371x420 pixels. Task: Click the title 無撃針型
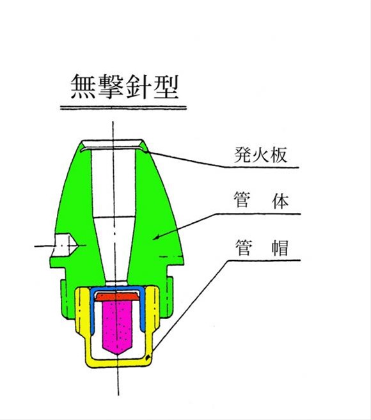click(125, 86)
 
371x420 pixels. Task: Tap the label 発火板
click(261, 155)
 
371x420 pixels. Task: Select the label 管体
click(262, 200)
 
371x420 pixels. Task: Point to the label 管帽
click(262, 247)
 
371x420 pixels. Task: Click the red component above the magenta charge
click(118, 297)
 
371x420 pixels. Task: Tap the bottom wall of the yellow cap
click(118, 362)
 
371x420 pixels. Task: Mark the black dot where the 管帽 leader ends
click(147, 358)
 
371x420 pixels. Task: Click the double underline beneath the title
click(123, 107)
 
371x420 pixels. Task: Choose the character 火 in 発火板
click(260, 155)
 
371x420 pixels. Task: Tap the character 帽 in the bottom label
click(280, 247)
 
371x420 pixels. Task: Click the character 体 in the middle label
click(280, 200)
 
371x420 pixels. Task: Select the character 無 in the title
click(83, 86)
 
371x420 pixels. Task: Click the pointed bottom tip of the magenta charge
click(118, 355)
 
